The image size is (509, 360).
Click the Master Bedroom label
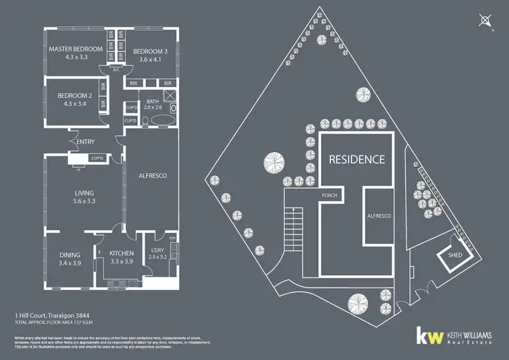(75, 54)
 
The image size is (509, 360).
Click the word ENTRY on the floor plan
(86, 142)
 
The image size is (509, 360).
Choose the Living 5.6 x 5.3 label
(84, 197)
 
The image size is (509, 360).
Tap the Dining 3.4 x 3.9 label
(70, 258)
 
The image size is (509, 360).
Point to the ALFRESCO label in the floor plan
(153, 175)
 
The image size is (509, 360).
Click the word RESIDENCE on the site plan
(357, 160)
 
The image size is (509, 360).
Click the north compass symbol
(485, 21)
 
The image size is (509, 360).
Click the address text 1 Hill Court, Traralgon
(53, 316)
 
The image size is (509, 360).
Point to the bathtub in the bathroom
(161, 121)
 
